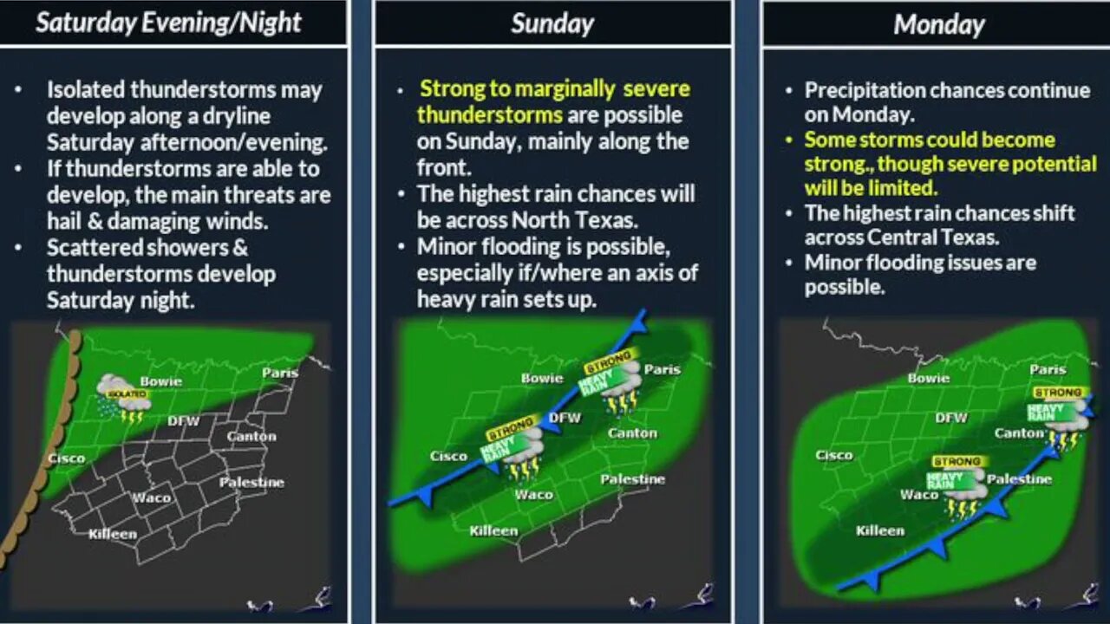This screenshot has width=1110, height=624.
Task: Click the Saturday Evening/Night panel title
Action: pos(168,23)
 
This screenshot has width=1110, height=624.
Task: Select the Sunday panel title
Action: pos(552,23)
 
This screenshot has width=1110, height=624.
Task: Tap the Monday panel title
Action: pos(938,24)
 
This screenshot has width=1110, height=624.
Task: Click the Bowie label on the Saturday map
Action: pos(160,381)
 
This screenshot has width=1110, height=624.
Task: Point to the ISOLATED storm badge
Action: pos(131,394)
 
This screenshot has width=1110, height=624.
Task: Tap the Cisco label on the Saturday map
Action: pos(66,458)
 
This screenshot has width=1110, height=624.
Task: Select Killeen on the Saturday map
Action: pos(113,534)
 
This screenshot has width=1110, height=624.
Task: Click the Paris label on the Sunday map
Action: pos(662,369)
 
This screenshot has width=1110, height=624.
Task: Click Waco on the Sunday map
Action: pos(534,494)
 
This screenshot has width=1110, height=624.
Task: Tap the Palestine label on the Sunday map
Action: pos(633,479)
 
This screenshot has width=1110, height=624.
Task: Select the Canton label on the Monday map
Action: pos(1018,432)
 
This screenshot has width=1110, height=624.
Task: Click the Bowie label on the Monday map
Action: pos(929,378)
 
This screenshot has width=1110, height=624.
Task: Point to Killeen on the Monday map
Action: pos(880,530)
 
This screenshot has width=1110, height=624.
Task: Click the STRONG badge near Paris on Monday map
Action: pos(1057,393)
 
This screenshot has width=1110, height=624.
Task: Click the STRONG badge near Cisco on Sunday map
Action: pos(510,434)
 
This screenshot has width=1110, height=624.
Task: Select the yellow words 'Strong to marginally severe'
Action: pos(555,89)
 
